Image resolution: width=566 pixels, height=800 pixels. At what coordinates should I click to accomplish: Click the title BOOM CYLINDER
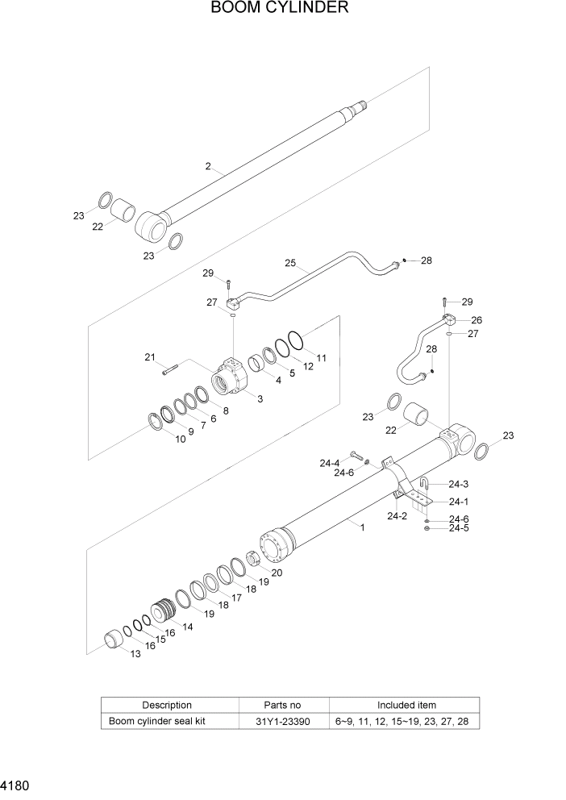coord(280,9)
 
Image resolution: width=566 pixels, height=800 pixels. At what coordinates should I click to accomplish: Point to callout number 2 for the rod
coord(208,167)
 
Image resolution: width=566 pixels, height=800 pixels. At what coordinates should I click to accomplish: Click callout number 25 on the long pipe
coord(291,263)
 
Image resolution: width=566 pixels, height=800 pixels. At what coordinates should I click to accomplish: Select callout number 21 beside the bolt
coord(149,357)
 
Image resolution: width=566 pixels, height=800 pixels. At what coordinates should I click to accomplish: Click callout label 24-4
coord(330,463)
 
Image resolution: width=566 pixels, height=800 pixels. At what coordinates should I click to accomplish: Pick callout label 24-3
coord(459,484)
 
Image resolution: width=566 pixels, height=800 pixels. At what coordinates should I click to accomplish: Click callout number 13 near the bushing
coord(135,654)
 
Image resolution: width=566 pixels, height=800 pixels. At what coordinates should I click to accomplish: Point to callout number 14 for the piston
coord(187,627)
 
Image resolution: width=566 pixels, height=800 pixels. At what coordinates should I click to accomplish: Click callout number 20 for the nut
coord(277,573)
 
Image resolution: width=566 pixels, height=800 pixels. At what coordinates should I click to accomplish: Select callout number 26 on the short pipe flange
coord(477,319)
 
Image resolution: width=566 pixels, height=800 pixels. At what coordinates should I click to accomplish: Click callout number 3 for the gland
coord(260,398)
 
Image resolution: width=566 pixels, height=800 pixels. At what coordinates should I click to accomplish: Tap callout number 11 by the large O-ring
coord(321,357)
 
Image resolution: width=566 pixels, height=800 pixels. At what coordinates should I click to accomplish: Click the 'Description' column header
coord(167,705)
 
